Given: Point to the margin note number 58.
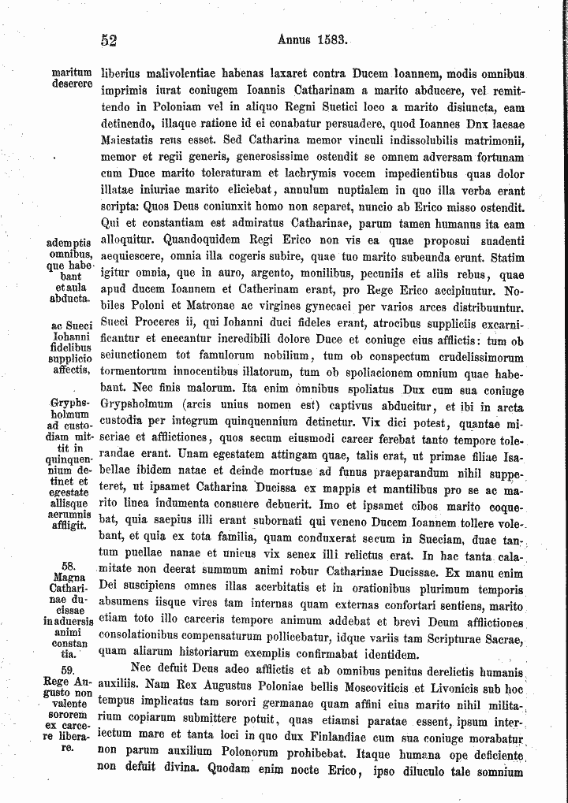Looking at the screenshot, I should (67, 566).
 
